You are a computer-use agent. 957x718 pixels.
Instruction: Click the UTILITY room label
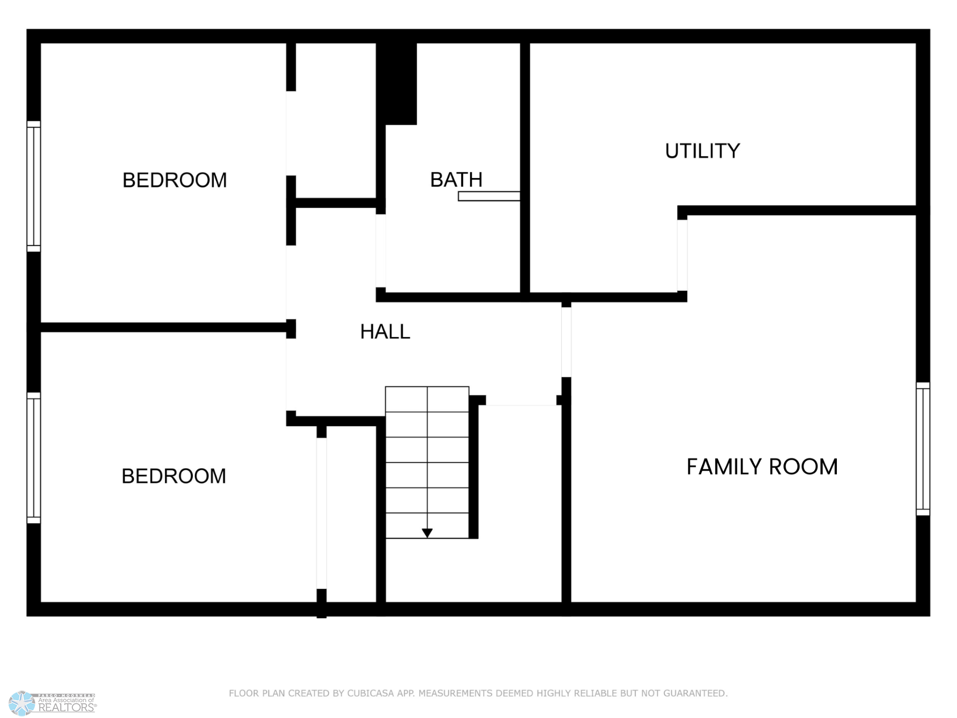[x=702, y=151]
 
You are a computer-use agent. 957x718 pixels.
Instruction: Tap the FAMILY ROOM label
[x=762, y=467]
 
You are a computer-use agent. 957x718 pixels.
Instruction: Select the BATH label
[x=456, y=179]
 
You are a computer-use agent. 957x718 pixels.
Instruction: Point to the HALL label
[x=385, y=332]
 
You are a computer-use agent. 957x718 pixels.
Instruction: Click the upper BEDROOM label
[x=174, y=180]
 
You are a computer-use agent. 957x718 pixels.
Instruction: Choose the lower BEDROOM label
[x=173, y=476]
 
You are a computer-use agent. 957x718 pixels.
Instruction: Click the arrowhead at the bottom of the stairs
[x=427, y=533]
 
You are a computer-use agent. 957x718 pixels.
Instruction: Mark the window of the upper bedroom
[x=33, y=186]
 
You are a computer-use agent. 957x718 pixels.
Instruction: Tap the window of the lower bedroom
[x=33, y=458]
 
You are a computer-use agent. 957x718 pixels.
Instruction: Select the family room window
[x=923, y=449]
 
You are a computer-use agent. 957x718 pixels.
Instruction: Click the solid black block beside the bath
[x=396, y=83]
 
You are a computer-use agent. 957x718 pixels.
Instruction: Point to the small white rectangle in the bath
[x=489, y=196]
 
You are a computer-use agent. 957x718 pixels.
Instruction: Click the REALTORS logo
[x=53, y=703]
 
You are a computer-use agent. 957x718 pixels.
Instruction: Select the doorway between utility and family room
[x=682, y=255]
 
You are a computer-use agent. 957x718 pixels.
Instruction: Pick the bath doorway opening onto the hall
[x=381, y=251]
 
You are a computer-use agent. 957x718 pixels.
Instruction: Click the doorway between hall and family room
[x=566, y=342]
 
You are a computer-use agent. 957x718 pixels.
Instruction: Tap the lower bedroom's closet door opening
[x=321, y=514]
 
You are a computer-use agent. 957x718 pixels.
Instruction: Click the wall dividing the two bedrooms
[x=163, y=328]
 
